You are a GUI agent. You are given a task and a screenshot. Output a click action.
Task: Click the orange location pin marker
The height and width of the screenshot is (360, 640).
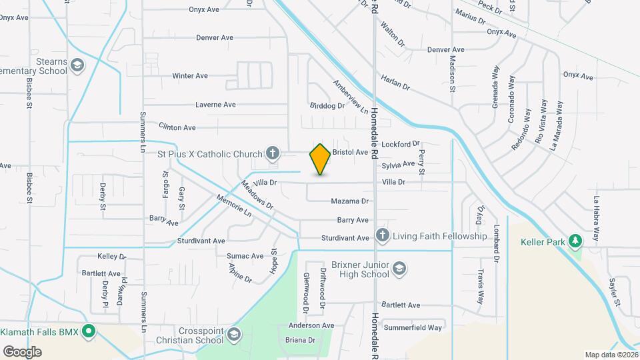point(320,159)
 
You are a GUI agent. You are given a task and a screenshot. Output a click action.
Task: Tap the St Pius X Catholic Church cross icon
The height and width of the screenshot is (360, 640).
point(272,154)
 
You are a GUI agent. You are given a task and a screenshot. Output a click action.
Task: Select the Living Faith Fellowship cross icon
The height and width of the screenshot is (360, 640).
point(382,236)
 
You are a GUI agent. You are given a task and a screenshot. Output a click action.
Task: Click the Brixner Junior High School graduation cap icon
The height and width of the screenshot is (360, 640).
point(399,269)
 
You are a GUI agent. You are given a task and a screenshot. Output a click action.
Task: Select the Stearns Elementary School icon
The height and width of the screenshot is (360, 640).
point(77,65)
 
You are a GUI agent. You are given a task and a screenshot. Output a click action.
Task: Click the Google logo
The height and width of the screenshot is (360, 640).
point(22,352)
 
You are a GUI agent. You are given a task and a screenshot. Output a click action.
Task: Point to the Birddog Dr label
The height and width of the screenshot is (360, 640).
point(327,105)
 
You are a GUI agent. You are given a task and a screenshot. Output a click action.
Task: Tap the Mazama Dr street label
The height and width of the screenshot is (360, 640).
point(349,201)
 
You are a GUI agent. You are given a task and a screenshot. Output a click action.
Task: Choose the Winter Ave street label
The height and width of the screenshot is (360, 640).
point(190,76)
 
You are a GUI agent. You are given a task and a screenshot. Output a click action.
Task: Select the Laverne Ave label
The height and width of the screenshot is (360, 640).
point(215,105)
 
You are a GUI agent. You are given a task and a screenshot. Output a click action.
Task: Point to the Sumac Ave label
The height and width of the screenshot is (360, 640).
point(245,256)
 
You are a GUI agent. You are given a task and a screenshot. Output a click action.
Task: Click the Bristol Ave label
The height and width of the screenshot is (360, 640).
point(351,152)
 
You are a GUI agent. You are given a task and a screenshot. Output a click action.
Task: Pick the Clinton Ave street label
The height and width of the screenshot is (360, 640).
point(177,127)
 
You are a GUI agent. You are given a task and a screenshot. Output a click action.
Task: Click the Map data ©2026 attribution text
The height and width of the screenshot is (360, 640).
point(611,355)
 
